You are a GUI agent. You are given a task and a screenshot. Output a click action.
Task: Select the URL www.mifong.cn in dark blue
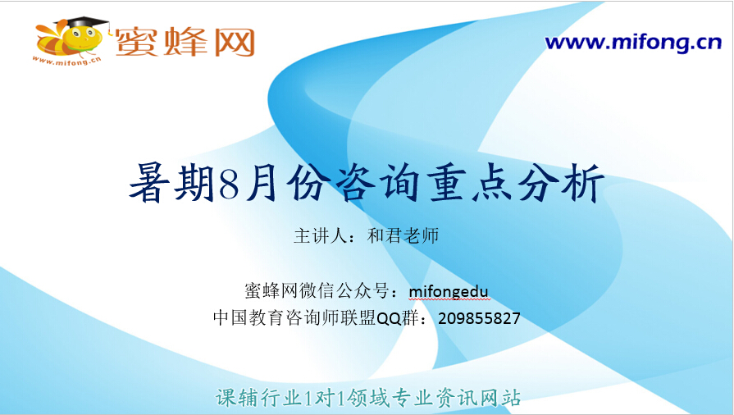(633, 42)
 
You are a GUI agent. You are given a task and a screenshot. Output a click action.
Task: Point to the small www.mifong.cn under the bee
(67, 61)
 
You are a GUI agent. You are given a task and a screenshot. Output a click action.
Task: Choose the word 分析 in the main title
(560, 183)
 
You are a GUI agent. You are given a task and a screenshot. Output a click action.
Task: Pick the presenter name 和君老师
(403, 235)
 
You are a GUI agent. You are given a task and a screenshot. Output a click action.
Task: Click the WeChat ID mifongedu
(449, 291)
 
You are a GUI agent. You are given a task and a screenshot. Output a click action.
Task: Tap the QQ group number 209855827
(479, 318)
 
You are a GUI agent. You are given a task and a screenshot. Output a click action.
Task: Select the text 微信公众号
(344, 291)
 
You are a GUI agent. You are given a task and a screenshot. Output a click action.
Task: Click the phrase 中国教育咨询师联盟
(294, 318)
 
